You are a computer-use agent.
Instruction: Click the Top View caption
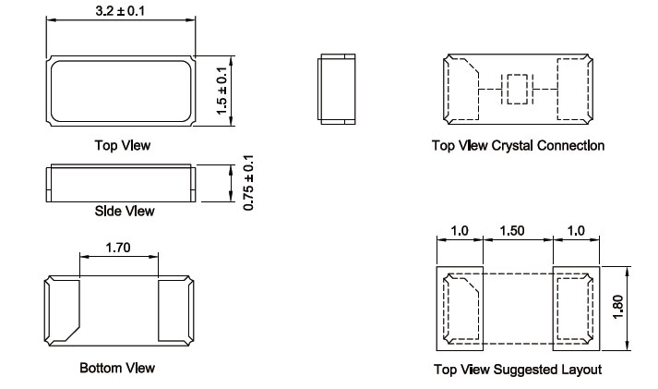click(122, 145)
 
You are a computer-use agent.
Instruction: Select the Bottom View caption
click(117, 368)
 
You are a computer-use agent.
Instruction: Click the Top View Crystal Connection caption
click(518, 145)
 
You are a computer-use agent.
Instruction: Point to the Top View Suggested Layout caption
click(518, 370)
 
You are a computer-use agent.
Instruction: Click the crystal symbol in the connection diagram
click(515, 89)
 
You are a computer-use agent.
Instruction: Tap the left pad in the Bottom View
click(64, 310)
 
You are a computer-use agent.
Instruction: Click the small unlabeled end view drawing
click(333, 89)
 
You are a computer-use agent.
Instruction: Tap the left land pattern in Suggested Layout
click(459, 310)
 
